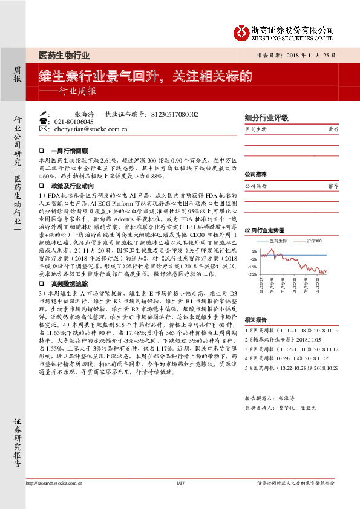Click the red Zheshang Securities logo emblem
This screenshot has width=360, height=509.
242,31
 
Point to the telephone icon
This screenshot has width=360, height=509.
42,122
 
